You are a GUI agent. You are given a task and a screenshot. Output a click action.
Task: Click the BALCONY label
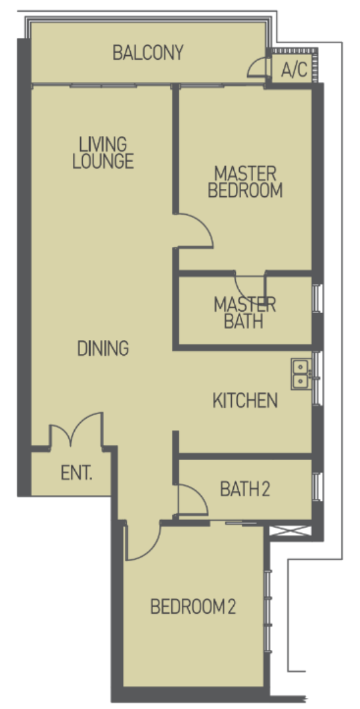(x=148, y=53)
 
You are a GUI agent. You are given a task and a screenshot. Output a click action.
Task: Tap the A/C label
(x=294, y=70)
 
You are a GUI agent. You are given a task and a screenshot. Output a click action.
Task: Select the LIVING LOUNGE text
(x=103, y=153)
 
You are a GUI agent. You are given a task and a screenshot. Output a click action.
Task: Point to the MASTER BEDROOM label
(x=245, y=182)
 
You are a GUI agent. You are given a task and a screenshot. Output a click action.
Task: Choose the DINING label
(x=103, y=349)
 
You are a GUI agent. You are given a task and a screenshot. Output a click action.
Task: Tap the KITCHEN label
(x=244, y=400)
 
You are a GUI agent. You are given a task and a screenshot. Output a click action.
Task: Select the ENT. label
(x=76, y=473)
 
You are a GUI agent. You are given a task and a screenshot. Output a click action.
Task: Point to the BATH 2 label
(x=244, y=489)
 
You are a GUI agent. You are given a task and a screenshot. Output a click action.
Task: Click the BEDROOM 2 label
(x=193, y=607)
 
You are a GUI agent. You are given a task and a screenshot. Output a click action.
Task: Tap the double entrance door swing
(x=76, y=429)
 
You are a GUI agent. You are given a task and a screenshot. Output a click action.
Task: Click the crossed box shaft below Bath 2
(x=290, y=531)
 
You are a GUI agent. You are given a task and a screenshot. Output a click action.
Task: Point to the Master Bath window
(x=317, y=298)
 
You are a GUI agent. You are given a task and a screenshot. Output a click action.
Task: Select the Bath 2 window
(x=317, y=486)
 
